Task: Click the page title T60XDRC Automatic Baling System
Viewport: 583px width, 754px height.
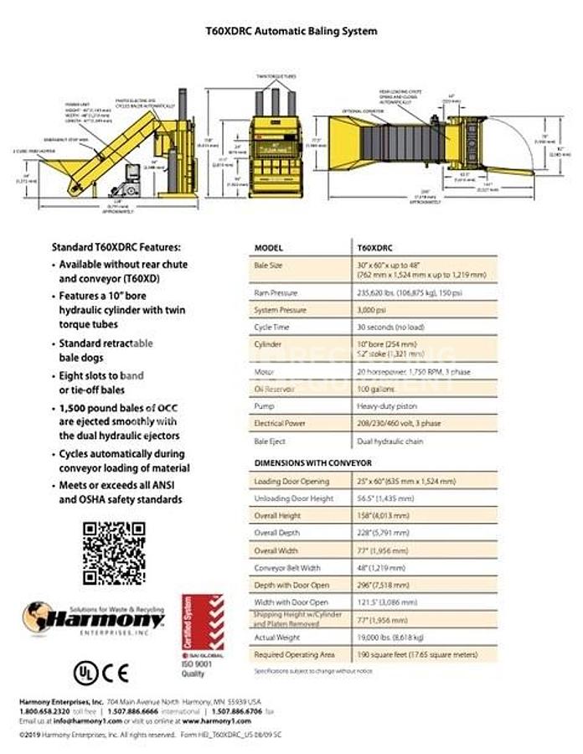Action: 291,31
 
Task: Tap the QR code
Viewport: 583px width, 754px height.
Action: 114,553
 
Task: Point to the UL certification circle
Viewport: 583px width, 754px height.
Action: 85,671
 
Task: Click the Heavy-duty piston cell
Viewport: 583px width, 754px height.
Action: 389,406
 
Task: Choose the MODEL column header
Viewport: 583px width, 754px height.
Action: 269,249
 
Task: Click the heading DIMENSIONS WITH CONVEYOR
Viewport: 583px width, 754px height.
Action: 312,462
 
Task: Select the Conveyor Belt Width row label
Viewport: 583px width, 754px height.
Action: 286,567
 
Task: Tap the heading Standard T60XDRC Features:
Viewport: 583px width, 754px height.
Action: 116,248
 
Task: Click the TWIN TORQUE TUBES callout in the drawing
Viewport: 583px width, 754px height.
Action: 276,76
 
